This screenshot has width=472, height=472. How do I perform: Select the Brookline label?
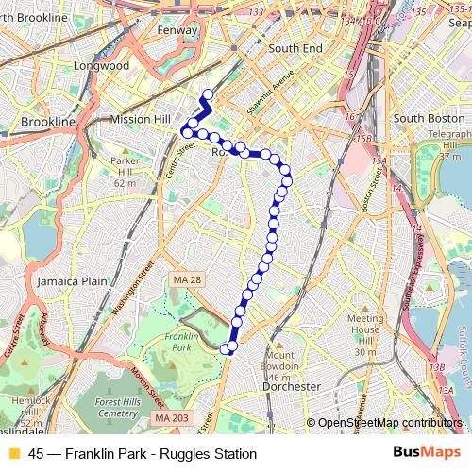pos(47,123)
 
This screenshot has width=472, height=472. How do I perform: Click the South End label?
pos(295,47)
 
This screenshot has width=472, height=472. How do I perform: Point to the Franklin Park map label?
pos(179,342)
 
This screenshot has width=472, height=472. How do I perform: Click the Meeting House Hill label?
pos(362,336)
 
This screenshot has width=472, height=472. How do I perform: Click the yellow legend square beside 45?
pos(13,454)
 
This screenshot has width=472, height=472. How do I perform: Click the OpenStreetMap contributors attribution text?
pos(387,423)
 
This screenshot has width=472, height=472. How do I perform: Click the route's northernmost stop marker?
pos(208,93)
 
